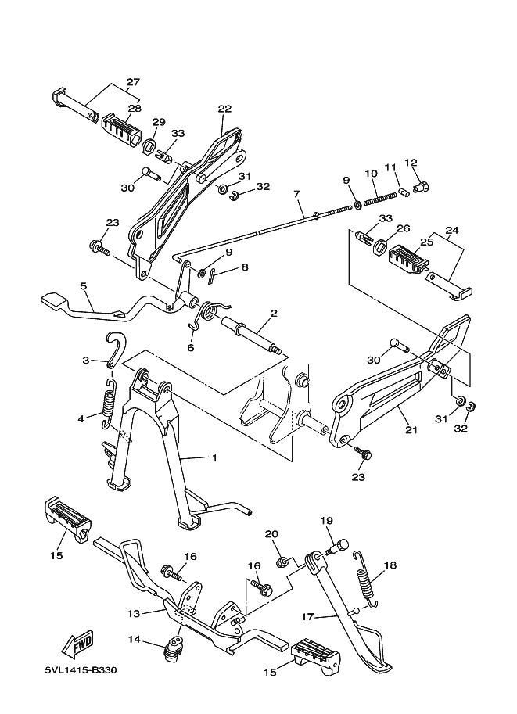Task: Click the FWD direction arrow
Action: pyautogui.click(x=77, y=646)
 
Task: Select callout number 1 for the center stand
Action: pyautogui.click(x=213, y=458)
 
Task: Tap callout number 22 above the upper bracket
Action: pyautogui.click(x=225, y=109)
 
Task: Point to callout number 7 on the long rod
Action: pyautogui.click(x=297, y=193)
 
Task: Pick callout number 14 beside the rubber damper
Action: pyautogui.click(x=135, y=639)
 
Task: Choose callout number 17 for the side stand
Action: pyautogui.click(x=307, y=617)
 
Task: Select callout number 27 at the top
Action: pyautogui.click(x=132, y=81)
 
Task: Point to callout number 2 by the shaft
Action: pyautogui.click(x=274, y=314)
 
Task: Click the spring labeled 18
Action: pyautogui.click(x=365, y=579)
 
